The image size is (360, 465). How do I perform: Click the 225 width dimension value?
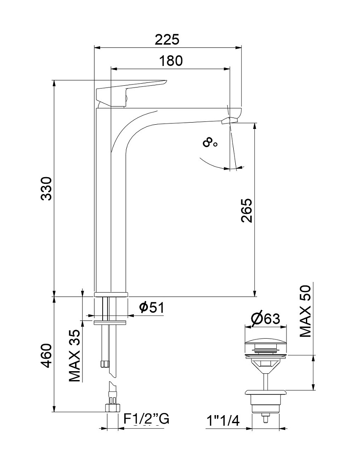(x=167, y=39)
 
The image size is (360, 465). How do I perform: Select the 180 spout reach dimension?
(x=171, y=61)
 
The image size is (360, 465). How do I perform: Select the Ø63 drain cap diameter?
(x=265, y=319)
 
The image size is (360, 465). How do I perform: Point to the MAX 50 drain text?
(x=305, y=311)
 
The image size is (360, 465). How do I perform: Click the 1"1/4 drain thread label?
(x=223, y=421)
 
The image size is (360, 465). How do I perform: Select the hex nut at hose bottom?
(x=112, y=408)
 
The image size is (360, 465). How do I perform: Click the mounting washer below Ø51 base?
(x=110, y=323)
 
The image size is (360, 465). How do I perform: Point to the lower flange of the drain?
(x=266, y=393)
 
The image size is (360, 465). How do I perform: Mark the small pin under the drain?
(x=265, y=418)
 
